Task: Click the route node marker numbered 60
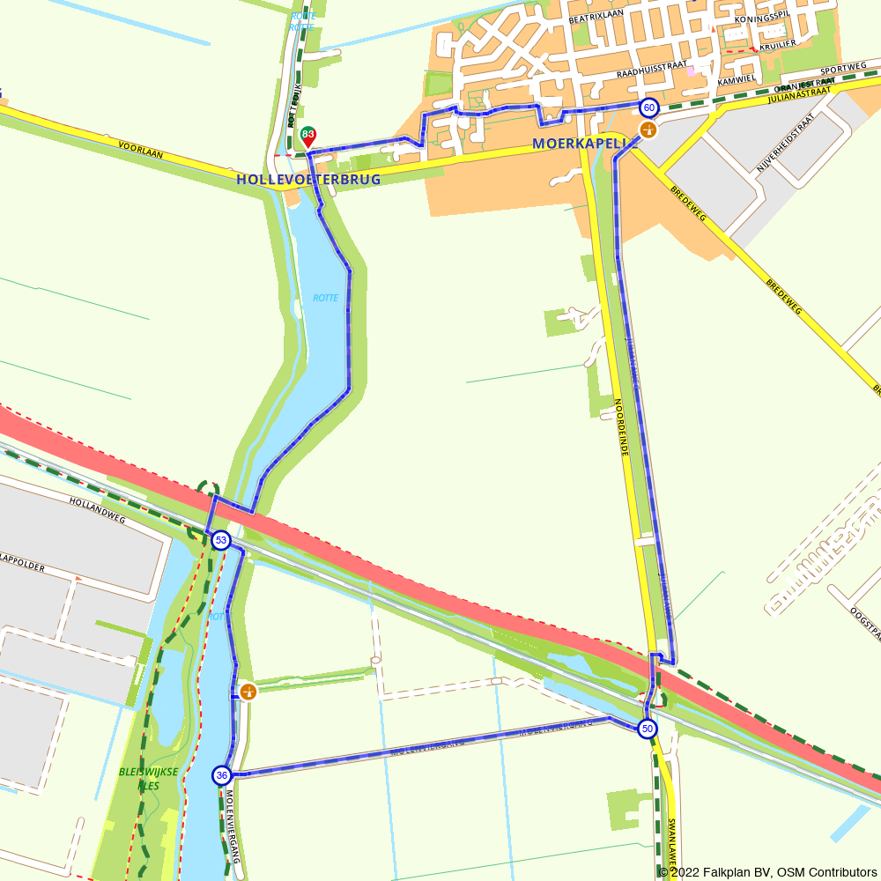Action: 648,107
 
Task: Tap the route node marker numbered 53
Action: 221,540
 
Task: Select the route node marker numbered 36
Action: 221,775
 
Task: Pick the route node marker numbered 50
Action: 648,729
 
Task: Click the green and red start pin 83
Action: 308,136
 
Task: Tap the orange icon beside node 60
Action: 648,130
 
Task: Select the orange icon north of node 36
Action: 248,692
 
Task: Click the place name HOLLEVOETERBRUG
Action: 308,179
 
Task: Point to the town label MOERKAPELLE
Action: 582,143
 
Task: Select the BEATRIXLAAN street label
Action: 596,18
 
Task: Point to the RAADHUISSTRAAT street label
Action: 651,77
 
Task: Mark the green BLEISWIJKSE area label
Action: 148,772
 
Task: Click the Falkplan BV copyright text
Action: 772,872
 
